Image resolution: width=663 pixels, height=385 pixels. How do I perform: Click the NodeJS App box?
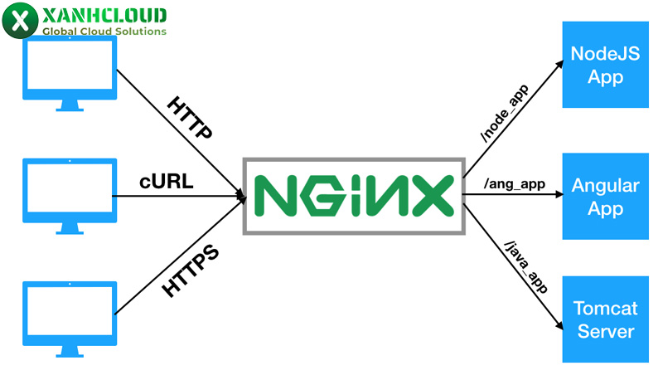point(604,66)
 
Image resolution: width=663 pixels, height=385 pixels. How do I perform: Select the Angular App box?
point(604,196)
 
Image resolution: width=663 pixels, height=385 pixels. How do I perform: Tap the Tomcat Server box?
point(604,319)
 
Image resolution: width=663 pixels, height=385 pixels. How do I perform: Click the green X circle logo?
point(19,21)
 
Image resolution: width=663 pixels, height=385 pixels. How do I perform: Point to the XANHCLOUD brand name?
point(104,15)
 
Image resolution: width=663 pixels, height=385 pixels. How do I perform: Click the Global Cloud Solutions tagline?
point(104,31)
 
